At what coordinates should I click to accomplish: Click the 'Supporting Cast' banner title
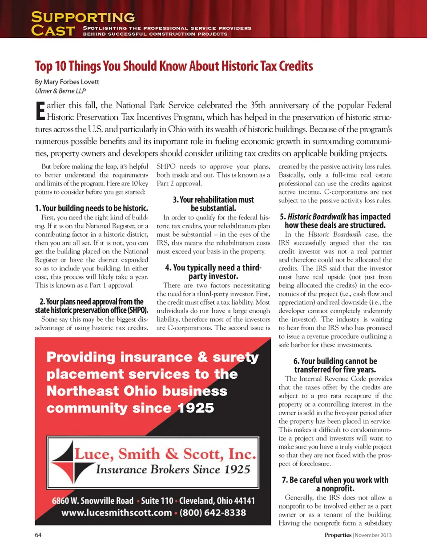click(x=83, y=24)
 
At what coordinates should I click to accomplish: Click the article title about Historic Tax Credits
click(x=174, y=66)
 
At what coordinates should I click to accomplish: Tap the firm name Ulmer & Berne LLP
click(x=60, y=91)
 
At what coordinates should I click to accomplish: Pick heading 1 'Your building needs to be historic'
click(x=92, y=208)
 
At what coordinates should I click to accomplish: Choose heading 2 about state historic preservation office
click(x=92, y=306)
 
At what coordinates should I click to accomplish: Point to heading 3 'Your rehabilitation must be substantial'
click(x=213, y=204)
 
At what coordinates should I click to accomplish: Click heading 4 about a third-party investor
click(x=213, y=272)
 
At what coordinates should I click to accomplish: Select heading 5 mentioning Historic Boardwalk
click(x=335, y=221)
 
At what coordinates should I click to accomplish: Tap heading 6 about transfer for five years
click(x=335, y=365)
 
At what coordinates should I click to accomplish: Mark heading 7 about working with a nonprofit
click(x=335, y=484)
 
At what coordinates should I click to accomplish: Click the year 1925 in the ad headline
click(x=196, y=408)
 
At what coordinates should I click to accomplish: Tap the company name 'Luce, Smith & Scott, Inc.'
click(x=165, y=453)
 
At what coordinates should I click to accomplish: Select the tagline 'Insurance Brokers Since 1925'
click(x=173, y=469)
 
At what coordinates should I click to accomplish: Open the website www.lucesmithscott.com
click(x=117, y=513)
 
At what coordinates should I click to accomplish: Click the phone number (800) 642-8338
click(x=213, y=513)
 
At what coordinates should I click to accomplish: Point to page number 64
click(x=38, y=535)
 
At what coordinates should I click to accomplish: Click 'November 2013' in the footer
click(x=373, y=535)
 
